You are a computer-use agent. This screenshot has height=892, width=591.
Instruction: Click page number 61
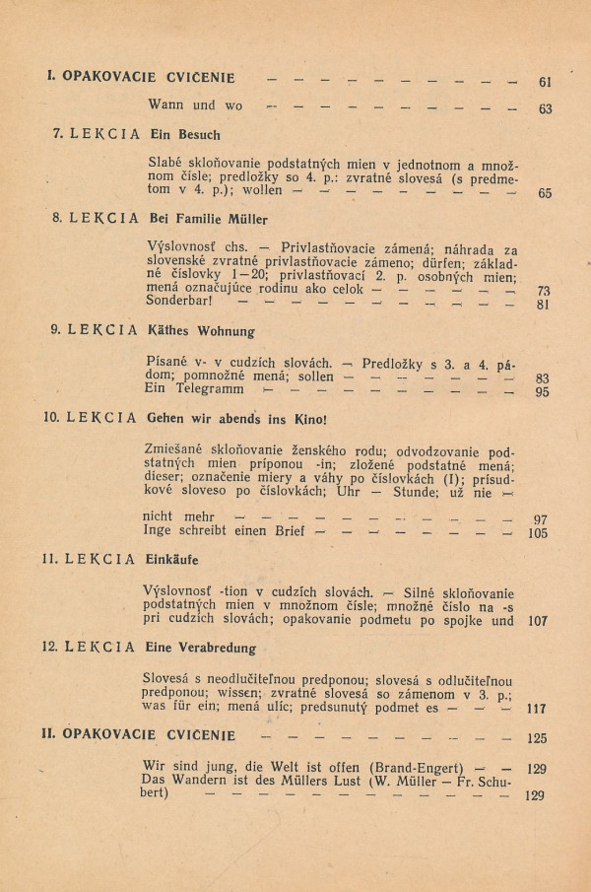click(x=545, y=82)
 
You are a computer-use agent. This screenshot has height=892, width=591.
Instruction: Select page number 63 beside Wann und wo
click(x=545, y=108)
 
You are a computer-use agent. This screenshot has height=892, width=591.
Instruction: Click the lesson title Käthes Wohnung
click(x=201, y=331)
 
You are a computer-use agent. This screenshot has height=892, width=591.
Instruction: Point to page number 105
click(x=538, y=533)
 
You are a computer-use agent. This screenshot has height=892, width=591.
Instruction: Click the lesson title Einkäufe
click(x=173, y=560)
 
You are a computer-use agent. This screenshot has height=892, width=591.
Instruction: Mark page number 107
click(x=538, y=622)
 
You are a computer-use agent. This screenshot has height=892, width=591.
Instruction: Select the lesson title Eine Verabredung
click(x=202, y=649)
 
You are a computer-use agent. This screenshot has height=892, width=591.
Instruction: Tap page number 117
click(x=538, y=708)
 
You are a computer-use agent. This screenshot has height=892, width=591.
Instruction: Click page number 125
click(x=538, y=736)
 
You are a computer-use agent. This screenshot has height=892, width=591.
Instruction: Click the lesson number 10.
click(x=52, y=417)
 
